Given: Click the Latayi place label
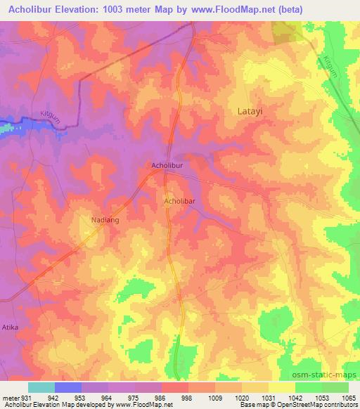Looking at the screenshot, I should click(247, 111).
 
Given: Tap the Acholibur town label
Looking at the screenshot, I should click(167, 166).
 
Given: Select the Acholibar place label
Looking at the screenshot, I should click(179, 202).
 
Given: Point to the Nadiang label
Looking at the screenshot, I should click(104, 220).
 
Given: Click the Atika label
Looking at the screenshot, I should click(9, 327).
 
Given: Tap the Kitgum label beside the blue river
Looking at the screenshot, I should click(51, 119).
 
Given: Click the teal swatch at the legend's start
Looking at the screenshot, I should click(41, 387).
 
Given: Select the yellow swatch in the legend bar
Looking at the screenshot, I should click(281, 387).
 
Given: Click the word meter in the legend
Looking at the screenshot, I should click(11, 397).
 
